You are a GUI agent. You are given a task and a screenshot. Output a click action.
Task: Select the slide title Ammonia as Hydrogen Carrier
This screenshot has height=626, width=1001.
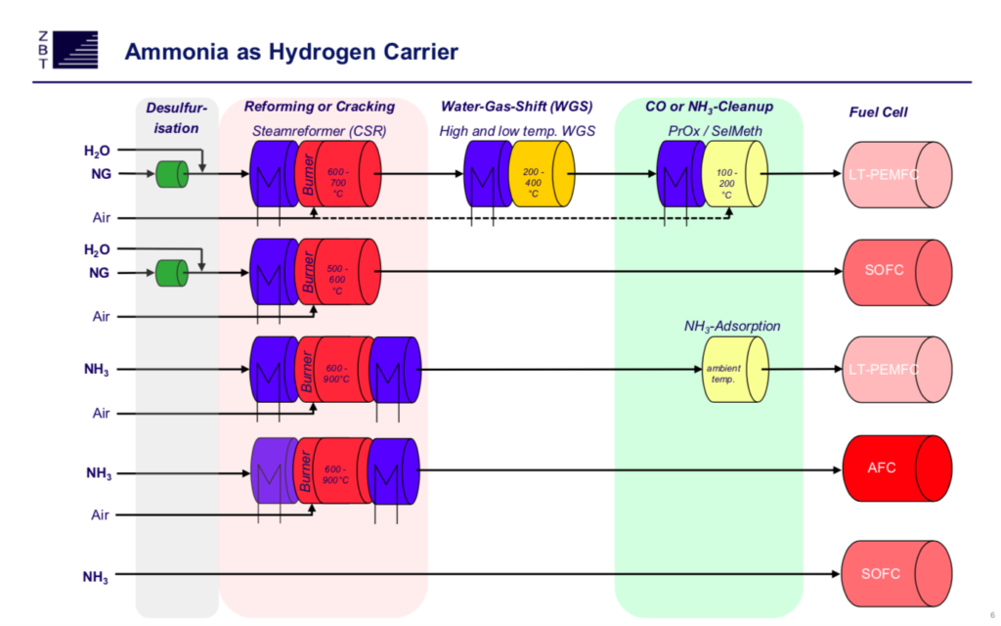291,52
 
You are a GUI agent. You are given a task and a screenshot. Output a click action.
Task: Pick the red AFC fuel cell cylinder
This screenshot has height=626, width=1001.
895,468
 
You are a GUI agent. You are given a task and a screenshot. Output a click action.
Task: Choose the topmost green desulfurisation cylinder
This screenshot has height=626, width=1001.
171,175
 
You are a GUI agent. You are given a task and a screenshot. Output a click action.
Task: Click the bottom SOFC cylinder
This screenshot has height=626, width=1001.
895,573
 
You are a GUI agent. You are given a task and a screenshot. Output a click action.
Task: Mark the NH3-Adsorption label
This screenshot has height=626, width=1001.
732,326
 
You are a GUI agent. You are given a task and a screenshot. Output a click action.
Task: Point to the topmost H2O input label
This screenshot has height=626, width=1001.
97,151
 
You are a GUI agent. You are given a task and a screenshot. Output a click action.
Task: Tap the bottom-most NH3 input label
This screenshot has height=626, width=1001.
97,577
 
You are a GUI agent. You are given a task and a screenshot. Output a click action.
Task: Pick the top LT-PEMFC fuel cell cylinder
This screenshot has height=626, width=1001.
895,175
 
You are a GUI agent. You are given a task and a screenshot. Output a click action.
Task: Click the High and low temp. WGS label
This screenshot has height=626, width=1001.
517,130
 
